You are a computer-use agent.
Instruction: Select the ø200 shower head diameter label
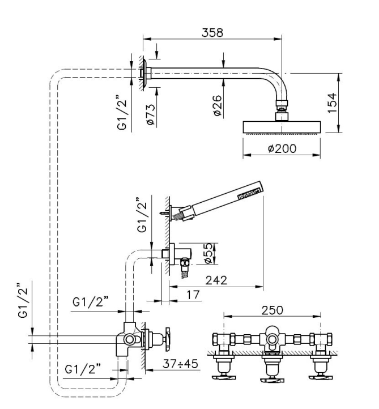[x=281, y=149]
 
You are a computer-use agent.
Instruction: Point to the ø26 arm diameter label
[x=218, y=105]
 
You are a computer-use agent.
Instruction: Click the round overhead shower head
[x=282, y=126]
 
